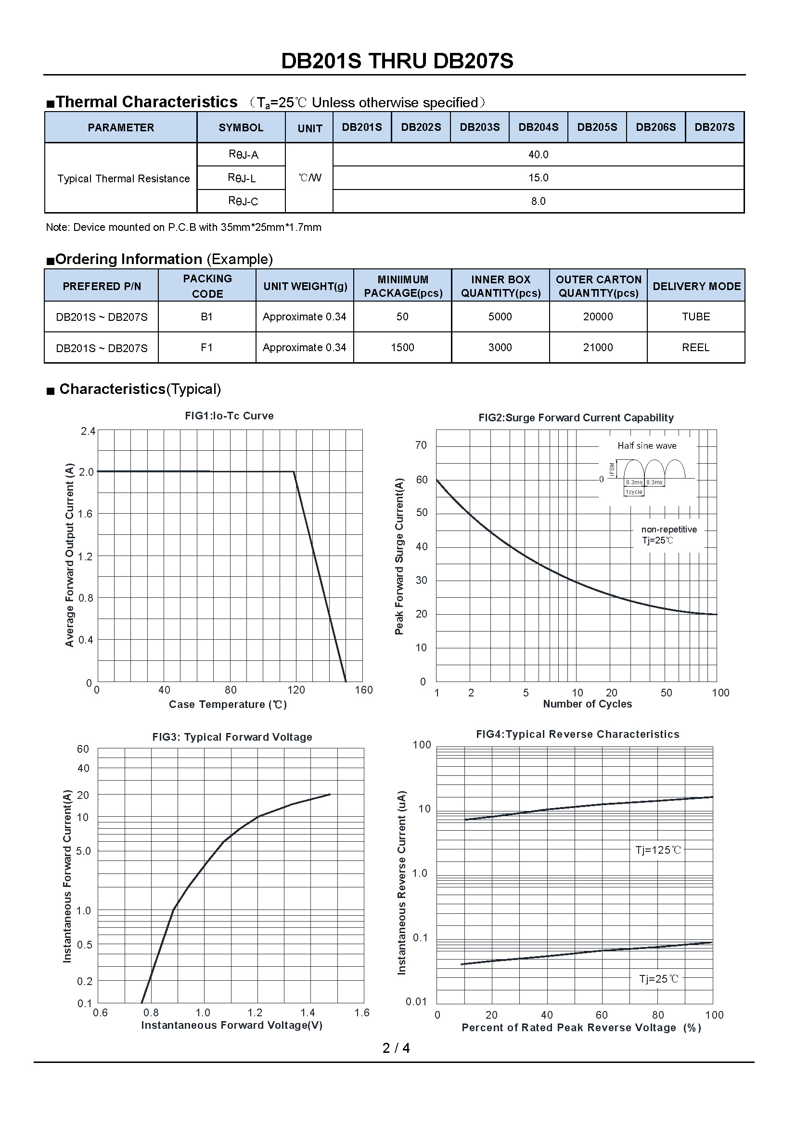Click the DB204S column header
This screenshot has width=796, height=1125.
point(538,127)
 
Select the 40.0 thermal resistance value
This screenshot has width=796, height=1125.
point(538,155)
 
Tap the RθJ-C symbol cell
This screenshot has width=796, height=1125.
point(243,201)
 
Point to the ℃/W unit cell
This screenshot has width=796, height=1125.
point(310,178)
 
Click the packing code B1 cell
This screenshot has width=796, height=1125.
point(207,317)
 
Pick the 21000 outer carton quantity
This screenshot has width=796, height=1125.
point(598,347)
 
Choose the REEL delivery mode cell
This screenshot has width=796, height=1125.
point(695,347)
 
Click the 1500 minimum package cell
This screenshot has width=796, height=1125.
point(402,347)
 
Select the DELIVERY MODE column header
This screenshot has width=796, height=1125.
point(696,286)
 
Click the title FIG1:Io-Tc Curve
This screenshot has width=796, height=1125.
point(230,416)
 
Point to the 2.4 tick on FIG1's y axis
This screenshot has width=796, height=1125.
point(88,431)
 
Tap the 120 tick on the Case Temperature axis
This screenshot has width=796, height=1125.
point(296,690)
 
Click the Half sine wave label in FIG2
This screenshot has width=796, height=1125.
point(647,446)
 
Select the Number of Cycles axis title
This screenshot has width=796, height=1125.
point(587,704)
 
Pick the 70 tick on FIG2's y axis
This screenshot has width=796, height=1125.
point(421,445)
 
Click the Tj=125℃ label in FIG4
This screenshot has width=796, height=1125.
point(658,850)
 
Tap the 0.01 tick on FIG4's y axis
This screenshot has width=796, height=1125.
point(417,1001)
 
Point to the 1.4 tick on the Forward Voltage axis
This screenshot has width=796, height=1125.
point(308,1013)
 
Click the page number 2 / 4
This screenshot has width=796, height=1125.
point(396,1048)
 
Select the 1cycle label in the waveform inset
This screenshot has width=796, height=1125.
point(634,492)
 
